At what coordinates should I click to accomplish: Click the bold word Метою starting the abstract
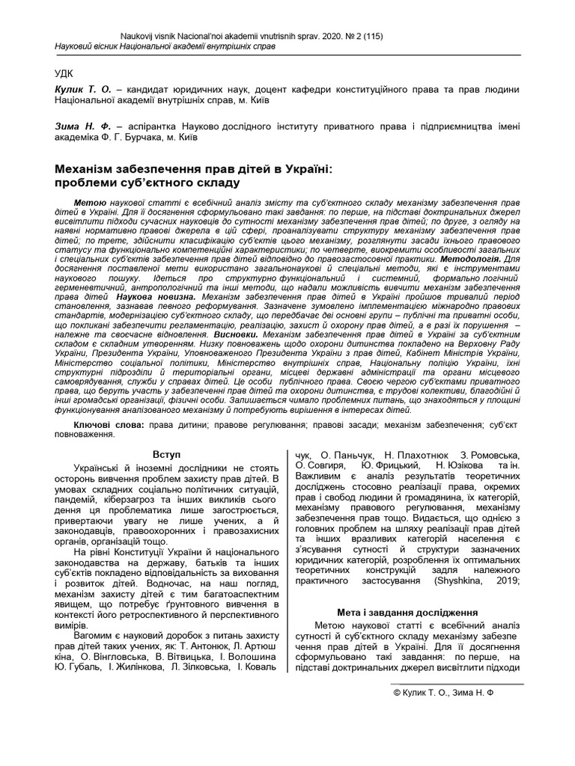[x=91, y=203]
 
